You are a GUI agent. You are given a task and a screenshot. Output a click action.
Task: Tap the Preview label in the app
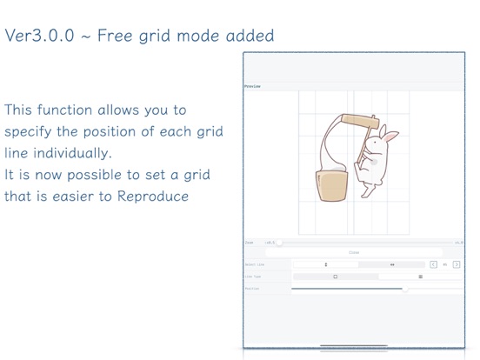252,87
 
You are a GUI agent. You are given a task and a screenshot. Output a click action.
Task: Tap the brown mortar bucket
330,185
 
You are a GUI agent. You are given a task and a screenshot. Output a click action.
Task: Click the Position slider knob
405,288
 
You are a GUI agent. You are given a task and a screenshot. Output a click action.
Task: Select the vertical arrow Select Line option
326,264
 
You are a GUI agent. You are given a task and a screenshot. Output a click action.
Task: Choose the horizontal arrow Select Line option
392,264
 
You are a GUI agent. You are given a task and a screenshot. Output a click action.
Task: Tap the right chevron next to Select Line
457,264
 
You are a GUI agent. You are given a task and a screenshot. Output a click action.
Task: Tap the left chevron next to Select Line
433,264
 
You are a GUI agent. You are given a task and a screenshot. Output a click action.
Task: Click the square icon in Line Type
335,277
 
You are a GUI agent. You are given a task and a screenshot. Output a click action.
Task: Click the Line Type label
253,277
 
